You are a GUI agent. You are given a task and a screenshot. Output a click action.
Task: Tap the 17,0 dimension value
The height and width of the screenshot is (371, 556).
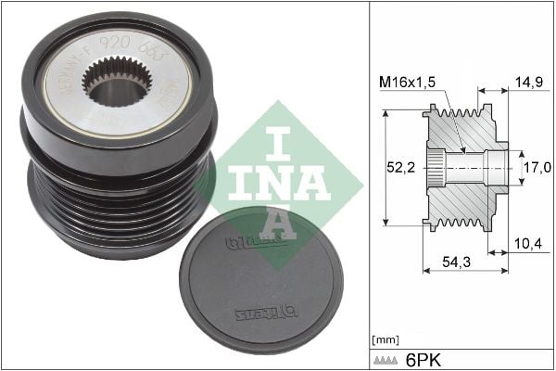point(538,168)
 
